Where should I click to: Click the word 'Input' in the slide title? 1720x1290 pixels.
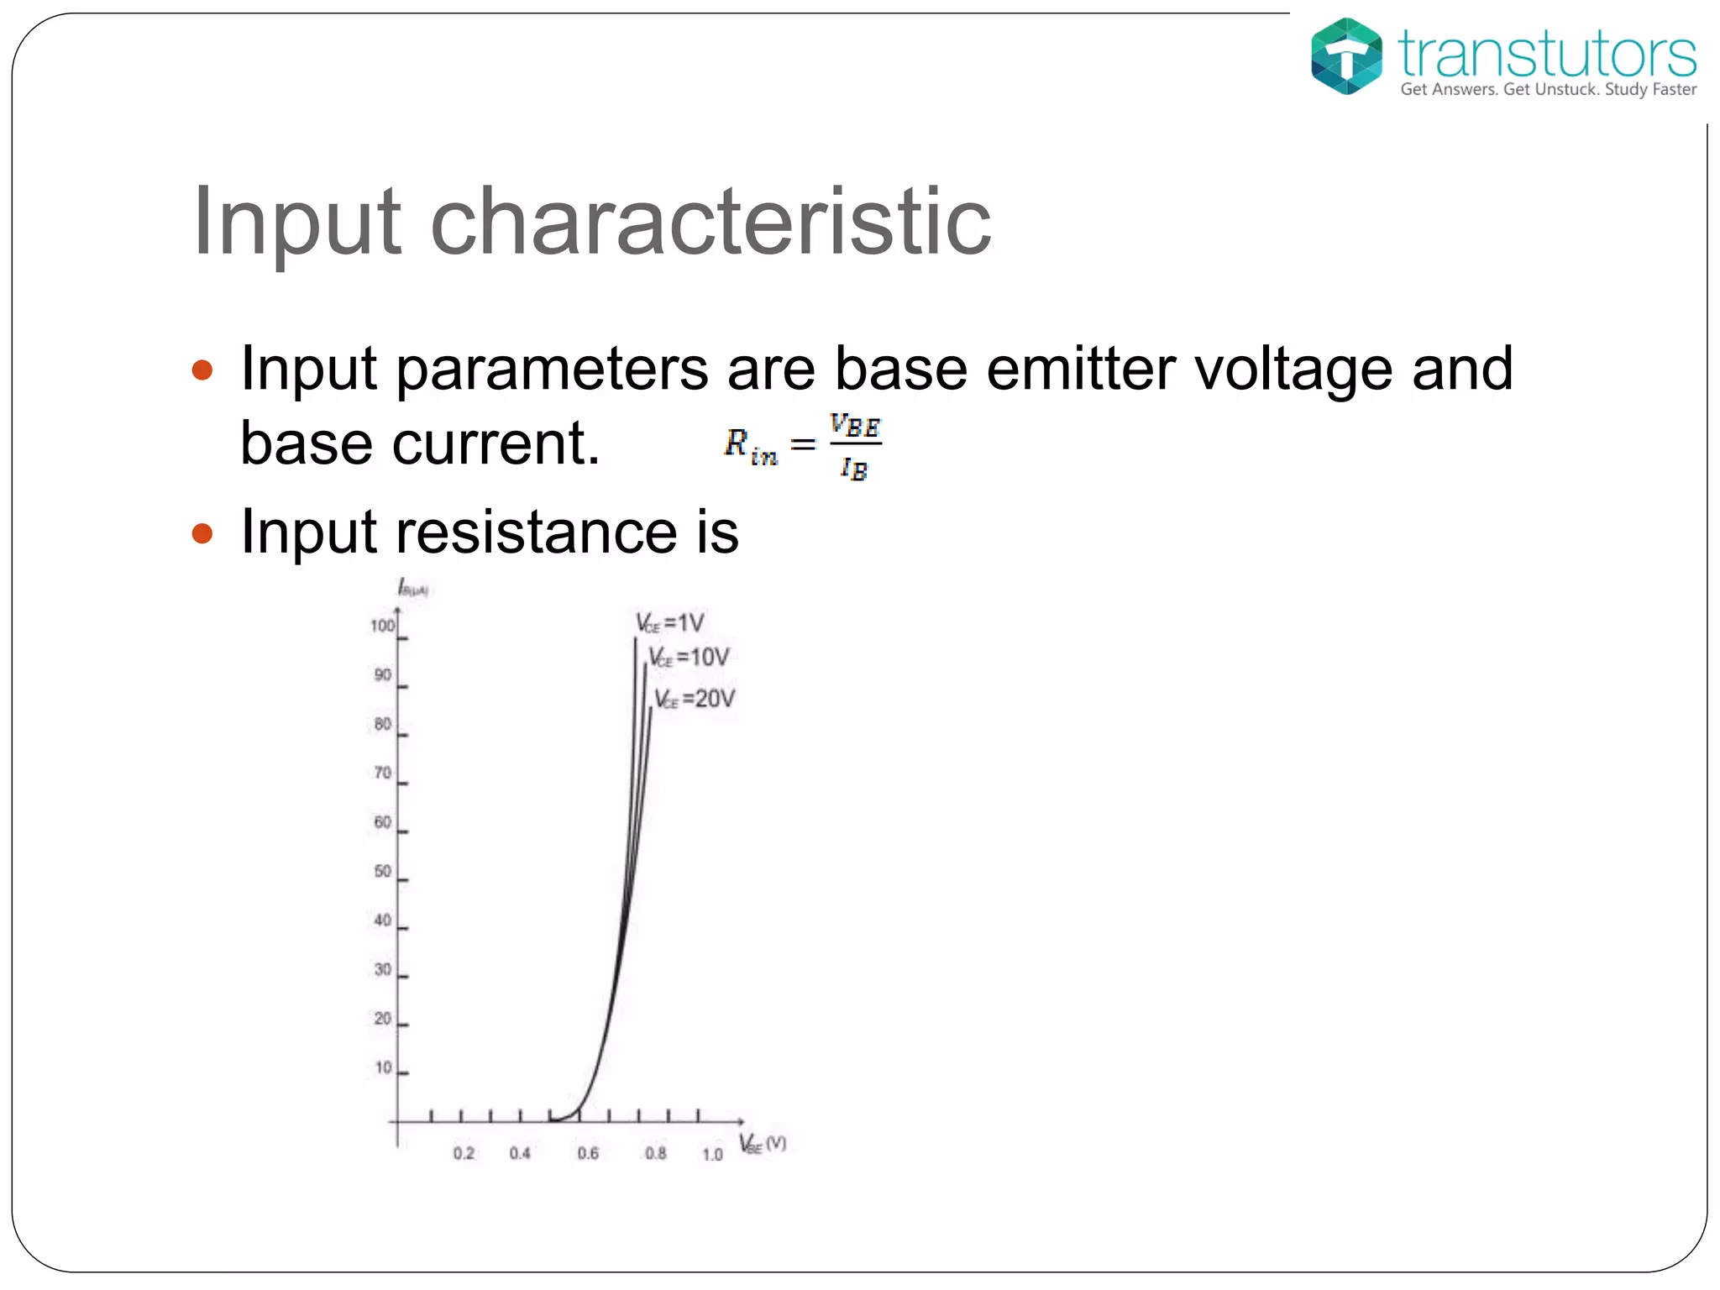(296, 221)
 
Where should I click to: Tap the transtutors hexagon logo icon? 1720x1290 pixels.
(1346, 56)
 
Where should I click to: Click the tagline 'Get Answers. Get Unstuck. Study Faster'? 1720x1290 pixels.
(1548, 90)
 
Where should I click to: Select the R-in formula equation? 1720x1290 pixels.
(804, 445)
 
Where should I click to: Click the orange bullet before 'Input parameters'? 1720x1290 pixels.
(202, 370)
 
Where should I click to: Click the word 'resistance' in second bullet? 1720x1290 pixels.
(536, 532)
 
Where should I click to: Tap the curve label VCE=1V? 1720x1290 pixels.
(669, 623)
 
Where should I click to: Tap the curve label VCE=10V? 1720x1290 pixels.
(689, 657)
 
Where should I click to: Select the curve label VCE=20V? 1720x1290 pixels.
(695, 699)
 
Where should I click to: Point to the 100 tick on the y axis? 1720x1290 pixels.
(382, 626)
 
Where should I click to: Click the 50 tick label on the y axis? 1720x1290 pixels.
(383, 871)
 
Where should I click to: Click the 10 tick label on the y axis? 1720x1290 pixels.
(383, 1067)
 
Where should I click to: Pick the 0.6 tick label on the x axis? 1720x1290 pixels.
(588, 1153)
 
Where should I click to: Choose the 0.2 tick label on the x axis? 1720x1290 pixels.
(464, 1153)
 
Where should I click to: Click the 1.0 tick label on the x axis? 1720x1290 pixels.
(712, 1154)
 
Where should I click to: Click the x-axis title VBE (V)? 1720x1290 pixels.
(763, 1144)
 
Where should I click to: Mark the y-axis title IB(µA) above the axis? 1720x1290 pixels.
(412, 588)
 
